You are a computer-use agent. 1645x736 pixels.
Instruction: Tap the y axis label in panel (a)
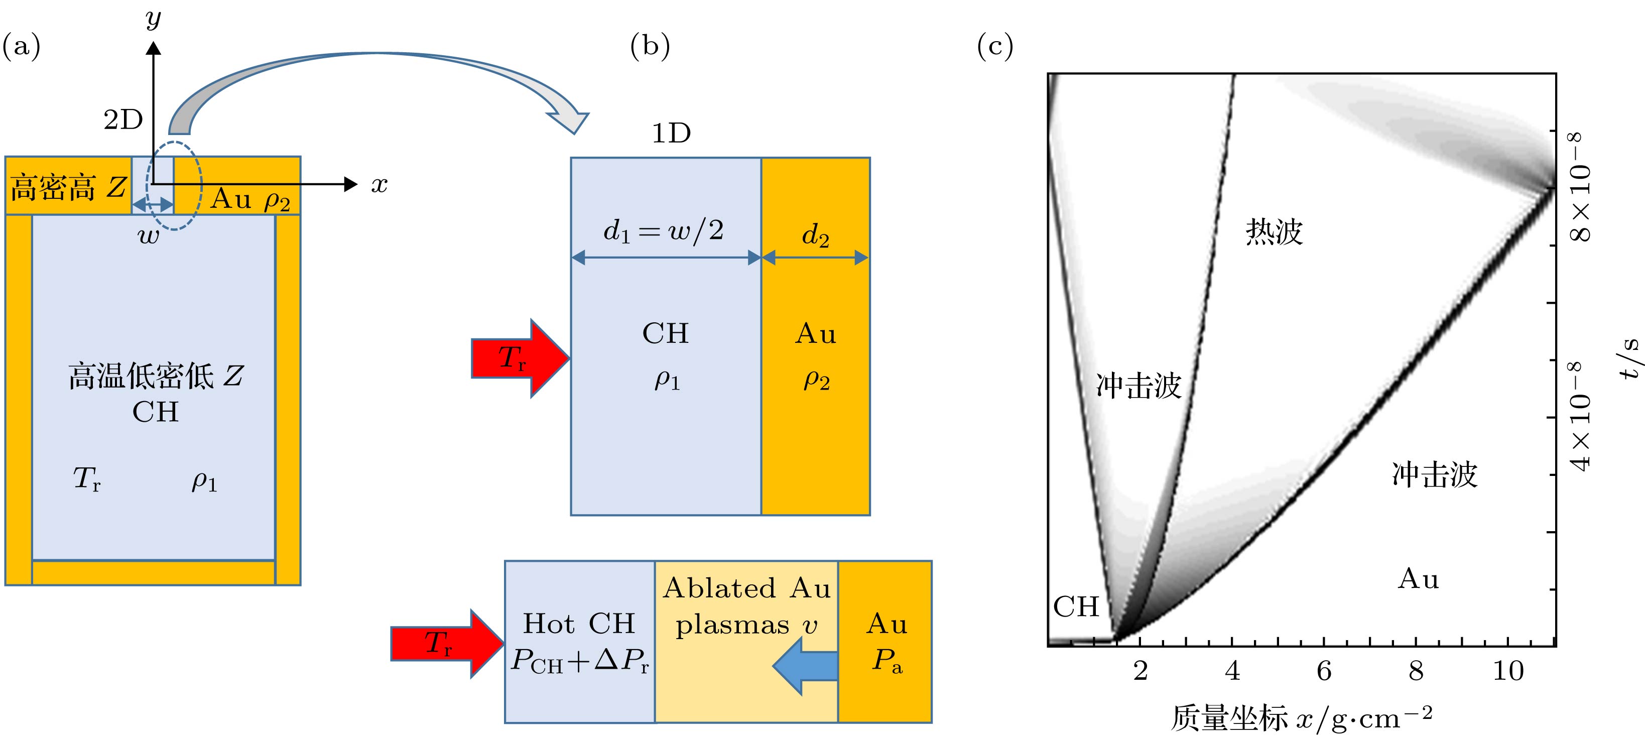tap(153, 19)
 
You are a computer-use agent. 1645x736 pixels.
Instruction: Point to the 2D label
tap(123, 119)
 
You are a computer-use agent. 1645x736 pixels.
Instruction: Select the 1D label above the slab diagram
tap(671, 134)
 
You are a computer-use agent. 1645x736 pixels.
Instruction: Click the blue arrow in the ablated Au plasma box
tap(806, 666)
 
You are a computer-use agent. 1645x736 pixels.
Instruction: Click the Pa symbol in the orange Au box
tap(887, 661)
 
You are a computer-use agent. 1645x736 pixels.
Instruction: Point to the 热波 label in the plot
tap(1274, 231)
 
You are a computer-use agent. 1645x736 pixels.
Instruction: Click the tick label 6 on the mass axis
tap(1324, 671)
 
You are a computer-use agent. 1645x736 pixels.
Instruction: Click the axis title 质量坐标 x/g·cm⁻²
tap(1301, 718)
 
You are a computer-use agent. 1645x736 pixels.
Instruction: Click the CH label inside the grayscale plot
tap(1076, 607)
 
